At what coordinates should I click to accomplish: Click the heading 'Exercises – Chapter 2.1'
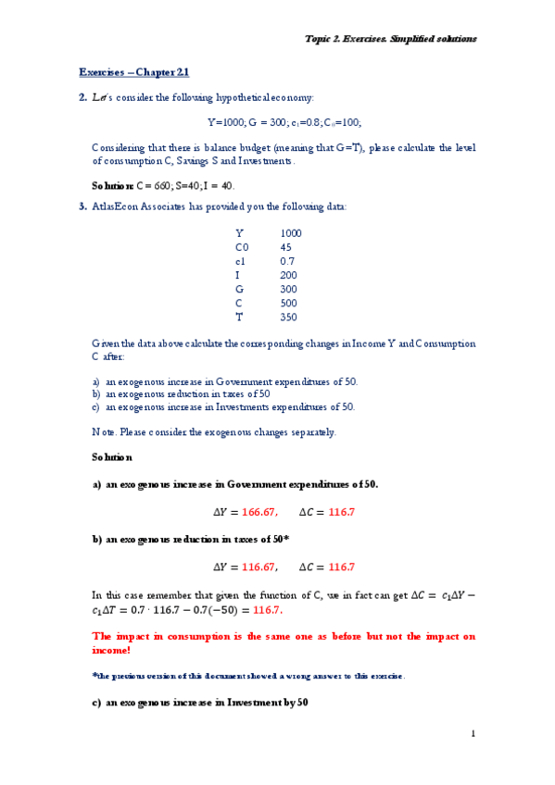pyautogui.click(x=133, y=72)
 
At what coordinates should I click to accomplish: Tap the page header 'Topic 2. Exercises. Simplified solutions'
pyautogui.click(x=391, y=39)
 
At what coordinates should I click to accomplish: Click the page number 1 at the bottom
pyautogui.click(x=473, y=734)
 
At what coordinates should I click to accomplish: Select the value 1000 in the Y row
pyautogui.click(x=290, y=233)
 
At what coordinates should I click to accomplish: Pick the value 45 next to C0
pyautogui.click(x=285, y=247)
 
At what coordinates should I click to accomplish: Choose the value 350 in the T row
pyautogui.click(x=288, y=317)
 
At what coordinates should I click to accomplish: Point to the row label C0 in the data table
pyautogui.click(x=242, y=247)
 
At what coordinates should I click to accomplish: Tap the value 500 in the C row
pyautogui.click(x=288, y=303)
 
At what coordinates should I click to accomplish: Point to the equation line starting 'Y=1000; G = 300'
pyautogui.click(x=284, y=122)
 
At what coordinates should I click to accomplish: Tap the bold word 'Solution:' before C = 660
pyautogui.click(x=113, y=185)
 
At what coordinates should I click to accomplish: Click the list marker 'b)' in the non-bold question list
pyautogui.click(x=96, y=393)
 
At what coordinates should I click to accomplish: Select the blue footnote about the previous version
pyautogui.click(x=248, y=677)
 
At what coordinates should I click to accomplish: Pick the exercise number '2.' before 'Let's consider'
pyautogui.click(x=82, y=97)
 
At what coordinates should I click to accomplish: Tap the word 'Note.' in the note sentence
pyautogui.click(x=103, y=432)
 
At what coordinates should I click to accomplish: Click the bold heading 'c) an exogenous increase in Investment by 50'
pyautogui.click(x=199, y=704)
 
